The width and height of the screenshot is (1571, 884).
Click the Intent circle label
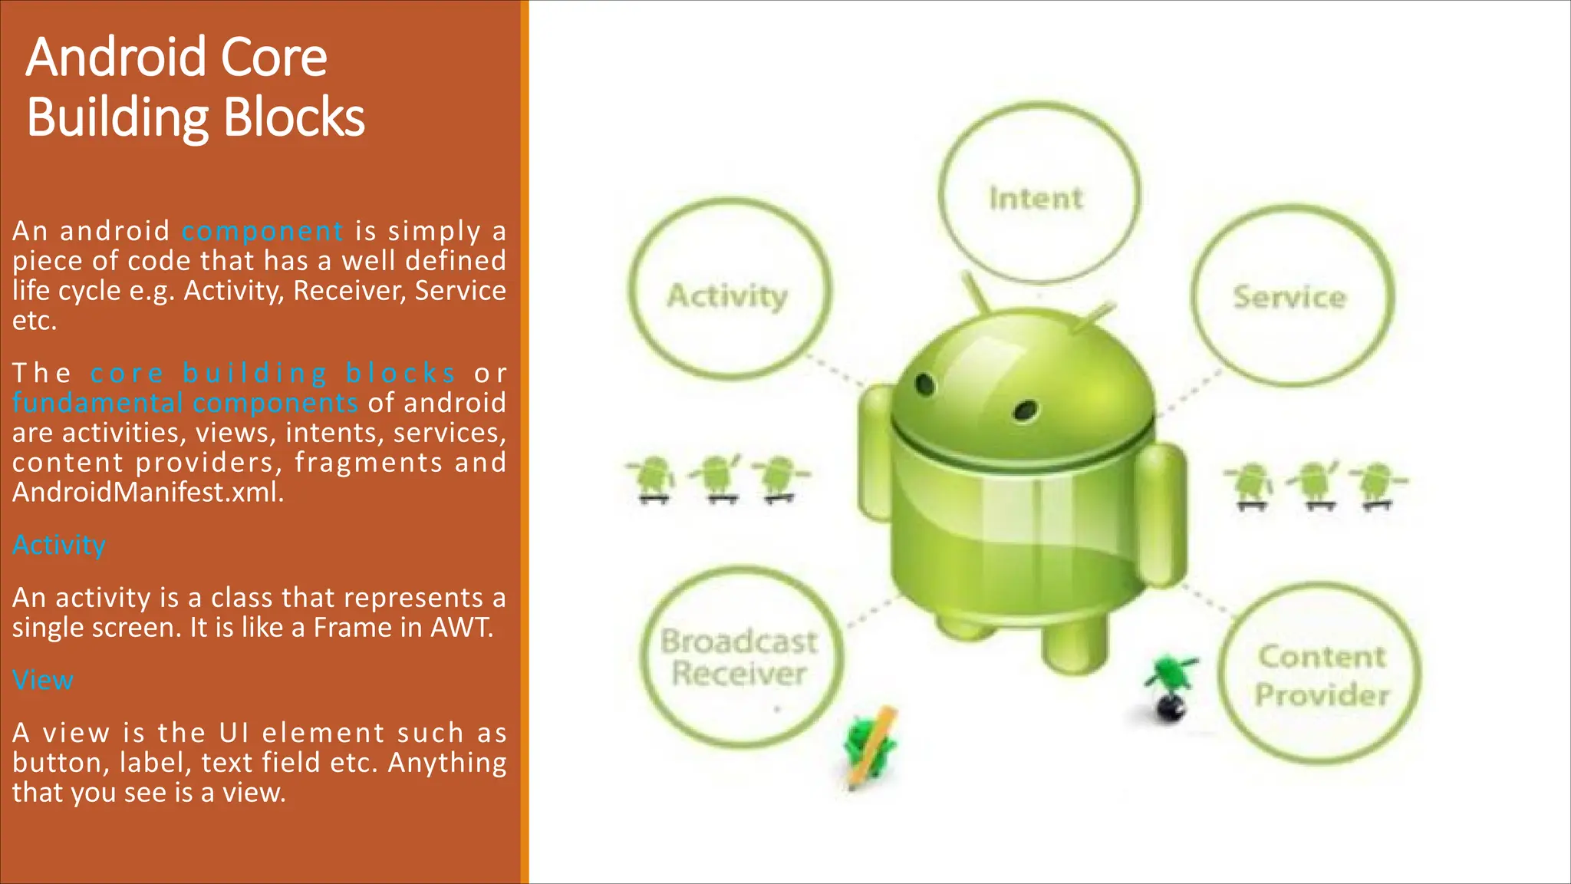[1036, 199]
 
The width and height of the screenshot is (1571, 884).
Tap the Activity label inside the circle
[727, 296]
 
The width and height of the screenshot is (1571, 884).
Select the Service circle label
[1289, 297]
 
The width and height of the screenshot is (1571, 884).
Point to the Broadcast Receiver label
[739, 658]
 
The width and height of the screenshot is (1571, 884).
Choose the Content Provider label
[1322, 675]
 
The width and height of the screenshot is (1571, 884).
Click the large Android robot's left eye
[925, 384]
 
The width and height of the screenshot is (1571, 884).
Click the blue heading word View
[43, 680]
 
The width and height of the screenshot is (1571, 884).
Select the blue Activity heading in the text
[59, 545]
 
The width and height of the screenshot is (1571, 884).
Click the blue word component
[262, 231]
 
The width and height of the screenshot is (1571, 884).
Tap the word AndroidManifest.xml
[148, 492]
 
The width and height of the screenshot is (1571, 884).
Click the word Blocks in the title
[295, 117]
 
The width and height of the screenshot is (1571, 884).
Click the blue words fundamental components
[185, 403]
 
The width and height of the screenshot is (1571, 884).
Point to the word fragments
[369, 463]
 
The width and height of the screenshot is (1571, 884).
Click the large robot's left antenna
[976, 292]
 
